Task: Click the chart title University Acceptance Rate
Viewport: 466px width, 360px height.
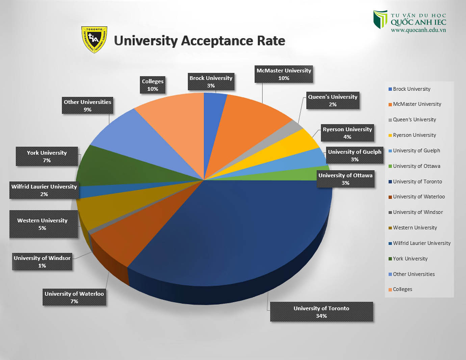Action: click(200, 41)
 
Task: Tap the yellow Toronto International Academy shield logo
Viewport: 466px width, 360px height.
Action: click(94, 39)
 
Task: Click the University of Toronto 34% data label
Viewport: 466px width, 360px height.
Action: click(321, 312)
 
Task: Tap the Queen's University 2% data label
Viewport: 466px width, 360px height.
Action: click(333, 101)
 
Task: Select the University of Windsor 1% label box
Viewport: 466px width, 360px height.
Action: click(42, 261)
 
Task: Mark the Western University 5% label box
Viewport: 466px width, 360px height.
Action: click(43, 224)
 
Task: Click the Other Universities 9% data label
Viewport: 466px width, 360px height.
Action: click(87, 106)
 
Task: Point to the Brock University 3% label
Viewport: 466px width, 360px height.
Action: click(211, 82)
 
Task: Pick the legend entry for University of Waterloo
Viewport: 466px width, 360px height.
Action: click(419, 197)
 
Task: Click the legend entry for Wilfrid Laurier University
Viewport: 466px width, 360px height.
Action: click(421, 243)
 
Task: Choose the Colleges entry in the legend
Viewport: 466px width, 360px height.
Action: click(402, 289)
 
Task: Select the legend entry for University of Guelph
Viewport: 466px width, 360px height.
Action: click(416, 150)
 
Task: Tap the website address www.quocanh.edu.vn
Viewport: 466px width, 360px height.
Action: click(418, 30)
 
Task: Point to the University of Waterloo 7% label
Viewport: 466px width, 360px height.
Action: click(74, 297)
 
